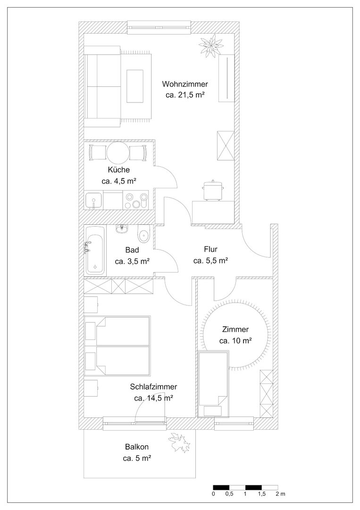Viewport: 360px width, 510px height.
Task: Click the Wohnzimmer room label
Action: coord(185,84)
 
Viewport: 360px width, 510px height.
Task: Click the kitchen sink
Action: coord(94,200)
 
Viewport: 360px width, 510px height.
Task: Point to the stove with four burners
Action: coord(136,201)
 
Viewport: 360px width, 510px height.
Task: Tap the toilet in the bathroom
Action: coord(143,234)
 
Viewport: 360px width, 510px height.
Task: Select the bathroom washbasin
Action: coord(123,229)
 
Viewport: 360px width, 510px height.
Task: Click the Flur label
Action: coord(210,249)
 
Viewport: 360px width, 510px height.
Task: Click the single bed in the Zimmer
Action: coord(213,384)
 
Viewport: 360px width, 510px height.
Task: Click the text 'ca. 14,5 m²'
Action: coord(153,398)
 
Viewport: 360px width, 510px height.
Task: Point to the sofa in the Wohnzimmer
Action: coord(102,86)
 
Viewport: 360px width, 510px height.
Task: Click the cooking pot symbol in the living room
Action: coord(213,190)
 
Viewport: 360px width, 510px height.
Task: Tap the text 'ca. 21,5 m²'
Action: coord(185,95)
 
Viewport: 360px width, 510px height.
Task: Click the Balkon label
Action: coord(137,447)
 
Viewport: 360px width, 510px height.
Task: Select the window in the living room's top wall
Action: coord(159,27)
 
